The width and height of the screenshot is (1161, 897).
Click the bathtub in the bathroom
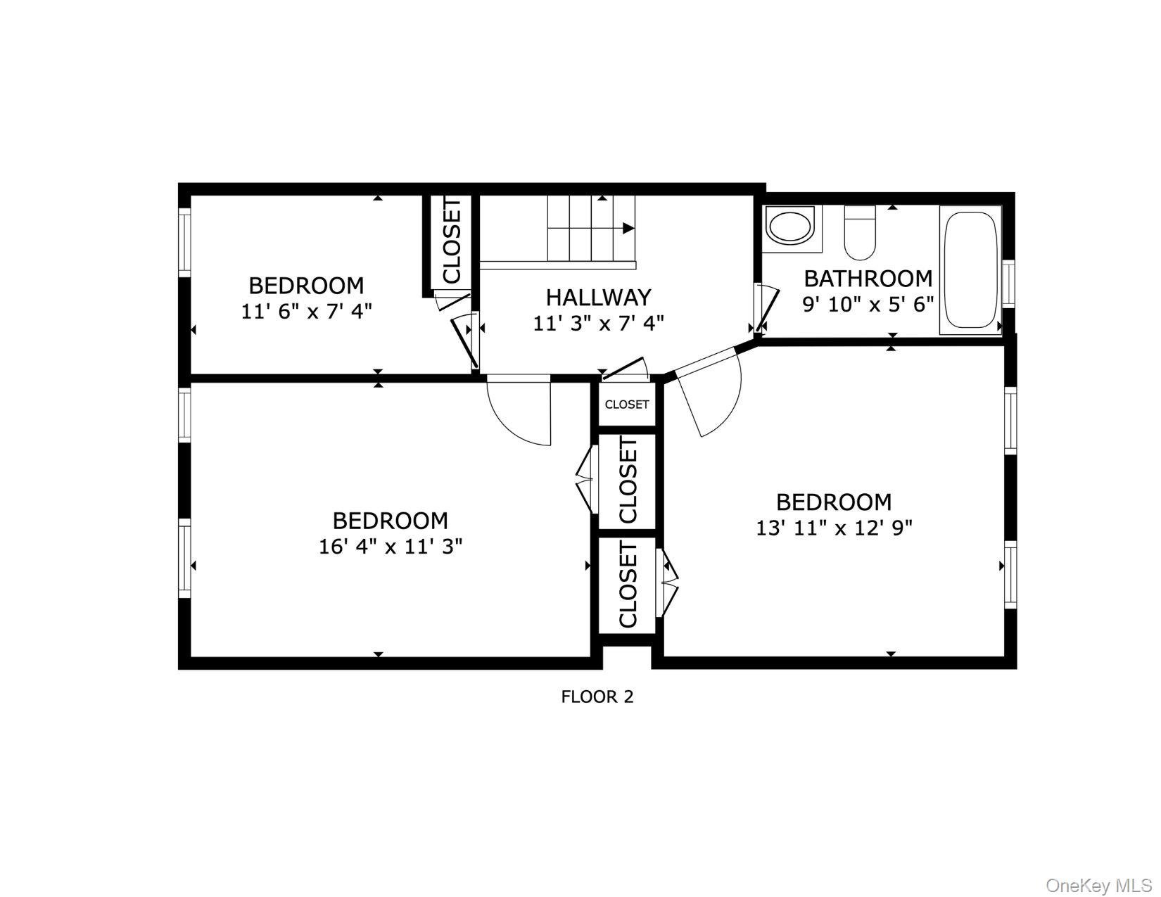coord(970,270)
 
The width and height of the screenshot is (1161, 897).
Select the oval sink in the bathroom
coord(792,227)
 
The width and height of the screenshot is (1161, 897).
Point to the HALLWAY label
coord(598,298)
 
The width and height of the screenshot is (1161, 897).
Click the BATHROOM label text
coord(868,279)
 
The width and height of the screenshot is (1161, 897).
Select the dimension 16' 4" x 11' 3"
coord(391,546)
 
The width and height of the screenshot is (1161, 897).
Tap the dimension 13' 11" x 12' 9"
coord(834,528)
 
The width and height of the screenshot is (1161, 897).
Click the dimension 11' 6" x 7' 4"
coord(306,311)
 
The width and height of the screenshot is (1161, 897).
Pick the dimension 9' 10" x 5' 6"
coord(868,304)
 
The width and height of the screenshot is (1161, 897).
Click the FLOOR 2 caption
coord(597,696)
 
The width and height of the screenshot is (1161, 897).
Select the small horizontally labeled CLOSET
coord(627,405)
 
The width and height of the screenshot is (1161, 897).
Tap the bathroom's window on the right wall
coord(1009,284)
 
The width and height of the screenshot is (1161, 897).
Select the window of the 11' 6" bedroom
coord(184,243)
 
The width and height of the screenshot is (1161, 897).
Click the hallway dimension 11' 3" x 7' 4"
coord(598,324)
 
